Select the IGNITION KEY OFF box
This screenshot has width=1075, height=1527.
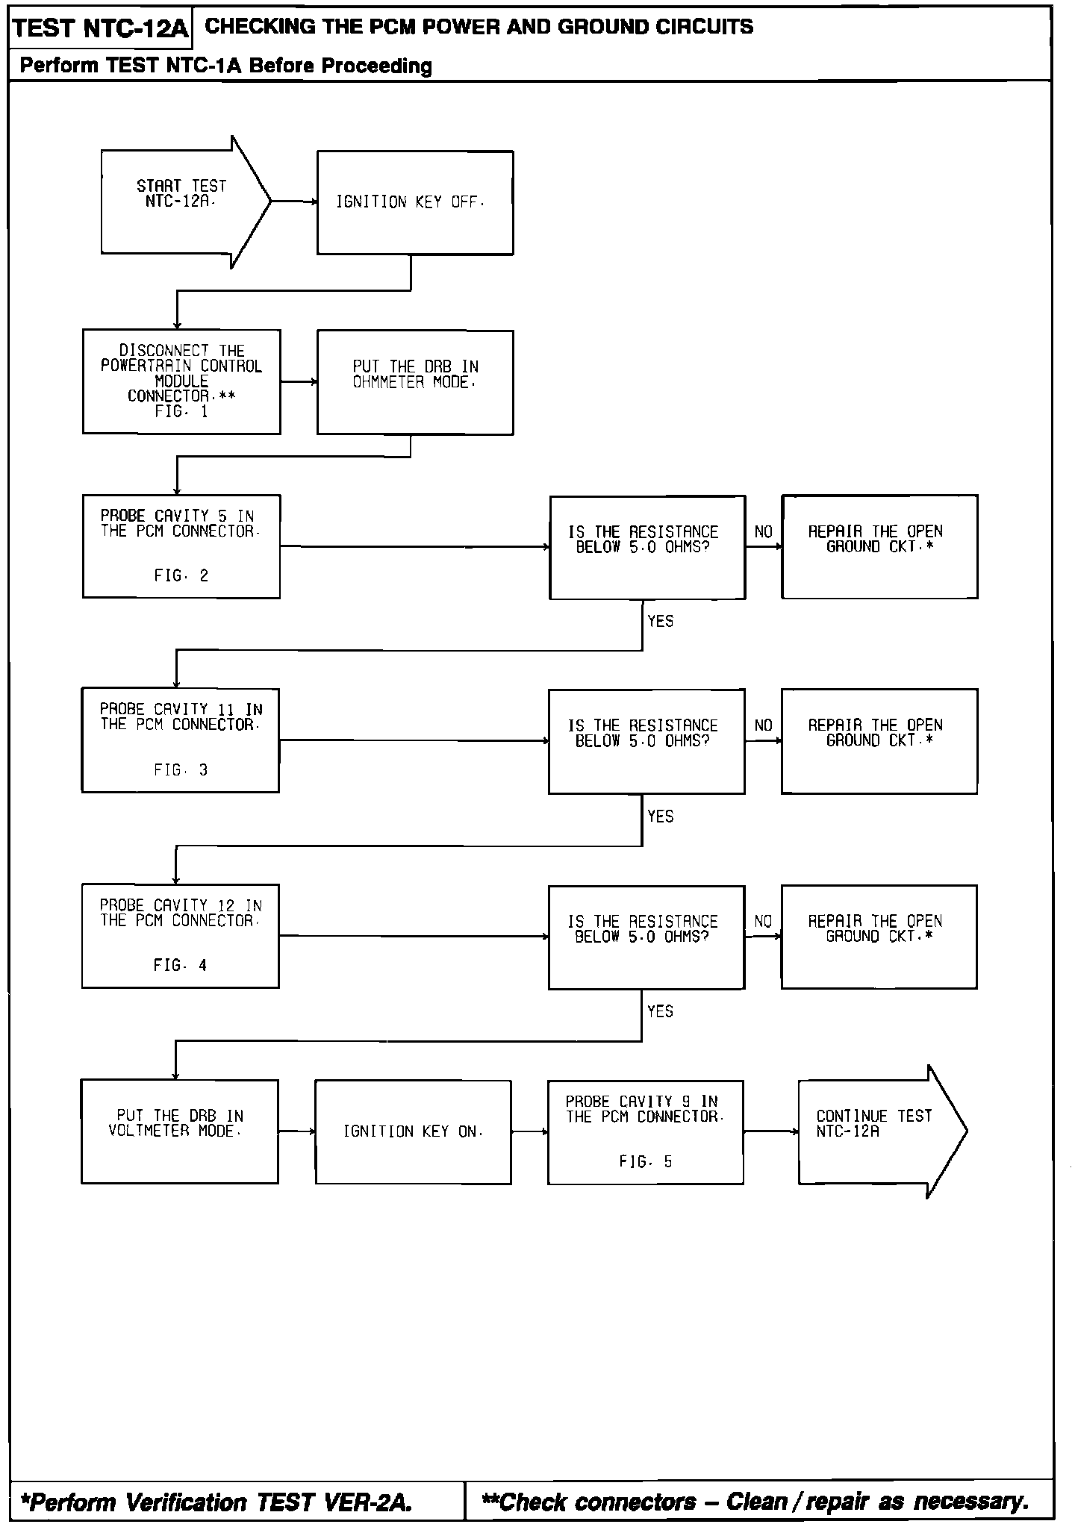(414, 203)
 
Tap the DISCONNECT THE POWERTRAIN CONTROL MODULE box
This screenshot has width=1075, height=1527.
(181, 381)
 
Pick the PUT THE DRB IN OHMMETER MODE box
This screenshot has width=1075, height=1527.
(414, 382)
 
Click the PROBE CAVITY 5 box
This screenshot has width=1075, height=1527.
(181, 546)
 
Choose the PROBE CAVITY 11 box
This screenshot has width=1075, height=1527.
(180, 740)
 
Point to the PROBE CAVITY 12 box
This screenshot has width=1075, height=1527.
(180, 936)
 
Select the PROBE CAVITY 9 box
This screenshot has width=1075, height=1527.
(645, 1131)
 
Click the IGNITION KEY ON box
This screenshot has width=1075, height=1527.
(413, 1131)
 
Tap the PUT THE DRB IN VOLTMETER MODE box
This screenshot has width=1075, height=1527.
(179, 1131)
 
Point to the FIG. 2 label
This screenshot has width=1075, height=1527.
(181, 575)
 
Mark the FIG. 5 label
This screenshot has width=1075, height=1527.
(645, 1161)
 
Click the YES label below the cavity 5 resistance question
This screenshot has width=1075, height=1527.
(661, 621)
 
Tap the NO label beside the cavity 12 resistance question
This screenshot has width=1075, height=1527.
(763, 922)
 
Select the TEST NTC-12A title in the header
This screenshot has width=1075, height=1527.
(101, 28)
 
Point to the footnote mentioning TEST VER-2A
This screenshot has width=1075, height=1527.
(217, 1501)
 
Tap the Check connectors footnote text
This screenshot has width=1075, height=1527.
(755, 1501)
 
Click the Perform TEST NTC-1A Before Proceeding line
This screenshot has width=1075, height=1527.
(225, 66)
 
